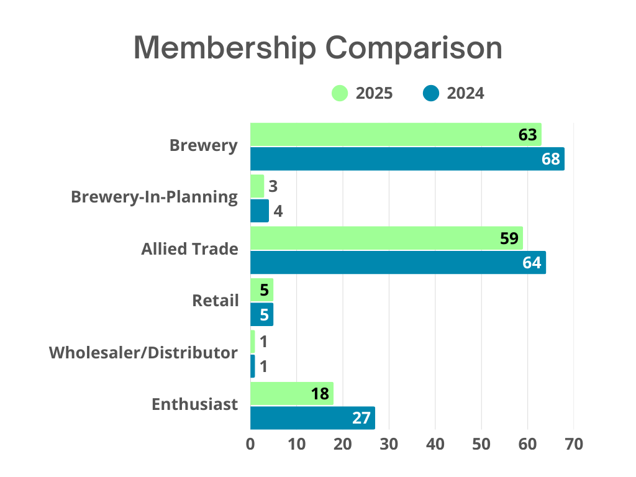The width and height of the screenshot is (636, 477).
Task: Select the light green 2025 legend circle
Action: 339,93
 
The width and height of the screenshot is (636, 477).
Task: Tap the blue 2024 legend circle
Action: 430,93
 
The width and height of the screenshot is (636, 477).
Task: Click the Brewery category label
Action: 204,146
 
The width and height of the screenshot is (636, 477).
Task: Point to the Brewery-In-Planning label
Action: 154,197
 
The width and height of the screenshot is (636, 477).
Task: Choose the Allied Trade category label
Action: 189,249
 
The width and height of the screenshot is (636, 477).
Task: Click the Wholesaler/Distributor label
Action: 143,353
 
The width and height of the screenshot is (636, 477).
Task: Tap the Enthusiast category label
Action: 194,404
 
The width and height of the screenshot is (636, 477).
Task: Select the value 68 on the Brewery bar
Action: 550,160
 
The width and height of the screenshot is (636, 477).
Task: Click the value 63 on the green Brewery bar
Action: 527,134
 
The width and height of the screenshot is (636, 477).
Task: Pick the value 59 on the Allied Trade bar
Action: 509,238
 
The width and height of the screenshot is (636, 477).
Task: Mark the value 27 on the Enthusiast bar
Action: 361,418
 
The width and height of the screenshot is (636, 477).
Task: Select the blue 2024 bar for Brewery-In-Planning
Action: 260,211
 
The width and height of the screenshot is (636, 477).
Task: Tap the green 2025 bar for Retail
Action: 261,289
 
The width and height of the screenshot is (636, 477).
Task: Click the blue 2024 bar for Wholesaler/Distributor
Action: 252,366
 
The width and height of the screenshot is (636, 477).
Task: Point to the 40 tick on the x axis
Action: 435,445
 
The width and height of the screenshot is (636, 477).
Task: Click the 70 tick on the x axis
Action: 573,445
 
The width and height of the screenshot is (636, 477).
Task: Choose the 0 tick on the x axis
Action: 250,445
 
